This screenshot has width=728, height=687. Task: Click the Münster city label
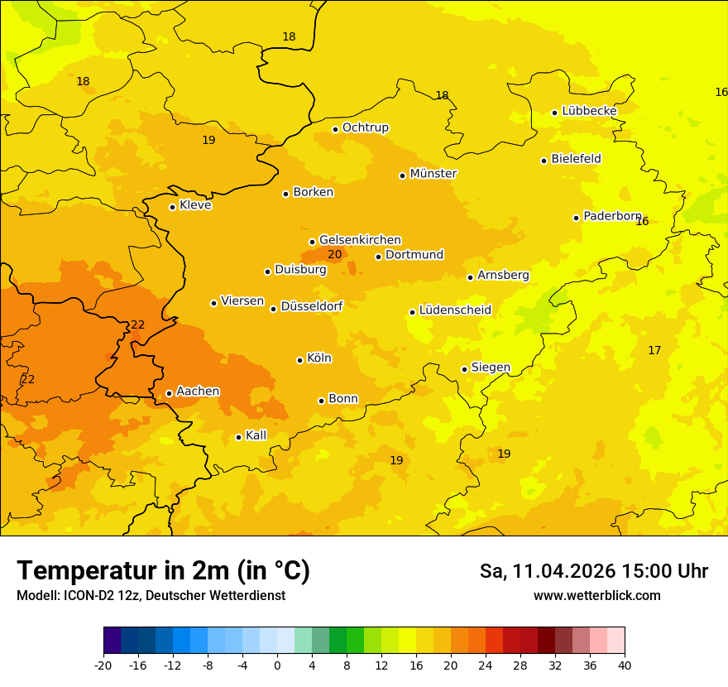click(x=433, y=174)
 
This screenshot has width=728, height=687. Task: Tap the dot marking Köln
click(x=299, y=360)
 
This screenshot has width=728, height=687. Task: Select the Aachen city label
click(x=198, y=392)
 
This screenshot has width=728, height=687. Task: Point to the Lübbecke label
click(x=589, y=111)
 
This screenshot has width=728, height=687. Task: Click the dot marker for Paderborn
click(x=576, y=218)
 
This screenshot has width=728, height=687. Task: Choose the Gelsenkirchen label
click(x=360, y=240)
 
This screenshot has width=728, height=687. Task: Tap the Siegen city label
click(x=491, y=368)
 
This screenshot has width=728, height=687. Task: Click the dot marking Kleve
click(x=172, y=207)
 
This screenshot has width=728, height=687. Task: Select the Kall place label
click(x=256, y=435)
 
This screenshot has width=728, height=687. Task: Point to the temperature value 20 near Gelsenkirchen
click(x=334, y=255)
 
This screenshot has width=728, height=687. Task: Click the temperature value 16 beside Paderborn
click(x=642, y=221)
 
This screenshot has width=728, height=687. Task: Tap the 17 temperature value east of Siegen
click(x=654, y=351)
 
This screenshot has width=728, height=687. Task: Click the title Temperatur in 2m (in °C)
click(x=163, y=571)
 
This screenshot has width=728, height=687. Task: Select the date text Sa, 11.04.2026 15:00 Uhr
click(x=593, y=571)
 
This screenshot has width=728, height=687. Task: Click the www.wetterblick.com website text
click(x=596, y=596)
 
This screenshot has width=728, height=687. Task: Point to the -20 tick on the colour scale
click(x=103, y=665)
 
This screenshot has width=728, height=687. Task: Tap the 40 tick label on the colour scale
click(x=624, y=665)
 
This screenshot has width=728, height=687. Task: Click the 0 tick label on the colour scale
click(x=277, y=665)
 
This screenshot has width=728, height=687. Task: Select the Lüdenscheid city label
click(x=455, y=310)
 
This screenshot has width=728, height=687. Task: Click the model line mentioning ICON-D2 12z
click(x=151, y=596)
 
